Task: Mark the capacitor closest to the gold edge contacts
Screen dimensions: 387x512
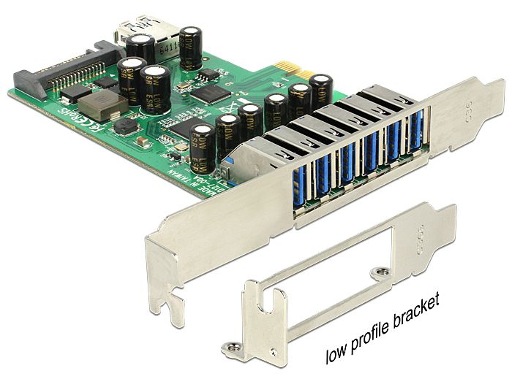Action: [x=321, y=90]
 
